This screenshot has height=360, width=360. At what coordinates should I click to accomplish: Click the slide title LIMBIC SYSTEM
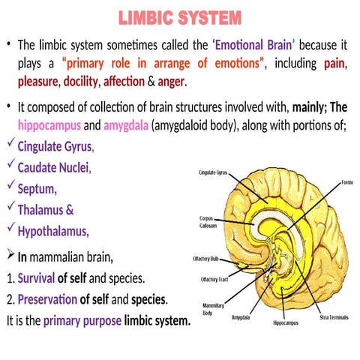click(179, 16)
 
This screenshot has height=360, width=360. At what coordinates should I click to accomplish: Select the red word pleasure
click(38, 80)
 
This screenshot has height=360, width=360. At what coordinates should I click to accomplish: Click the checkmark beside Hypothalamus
click(10, 226)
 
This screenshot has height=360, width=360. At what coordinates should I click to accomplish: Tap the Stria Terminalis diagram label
click(334, 317)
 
